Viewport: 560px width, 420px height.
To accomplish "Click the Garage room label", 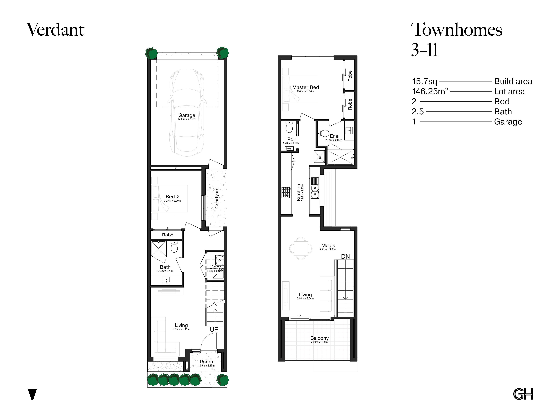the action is tap(187, 115).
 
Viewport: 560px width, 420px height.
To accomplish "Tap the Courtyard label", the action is tap(217, 198).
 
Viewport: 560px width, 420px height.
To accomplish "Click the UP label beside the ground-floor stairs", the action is tap(214, 329).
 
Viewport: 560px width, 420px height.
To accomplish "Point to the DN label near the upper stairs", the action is tap(345, 256).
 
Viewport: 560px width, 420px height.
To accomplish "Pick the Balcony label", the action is tap(319, 338).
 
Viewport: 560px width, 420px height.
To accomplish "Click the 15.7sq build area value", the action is tap(425, 82).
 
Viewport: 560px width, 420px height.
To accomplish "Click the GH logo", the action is tap(523, 394).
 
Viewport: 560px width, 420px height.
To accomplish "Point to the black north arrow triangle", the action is tap(32, 394).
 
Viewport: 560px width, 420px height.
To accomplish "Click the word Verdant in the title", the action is tap(56, 30).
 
